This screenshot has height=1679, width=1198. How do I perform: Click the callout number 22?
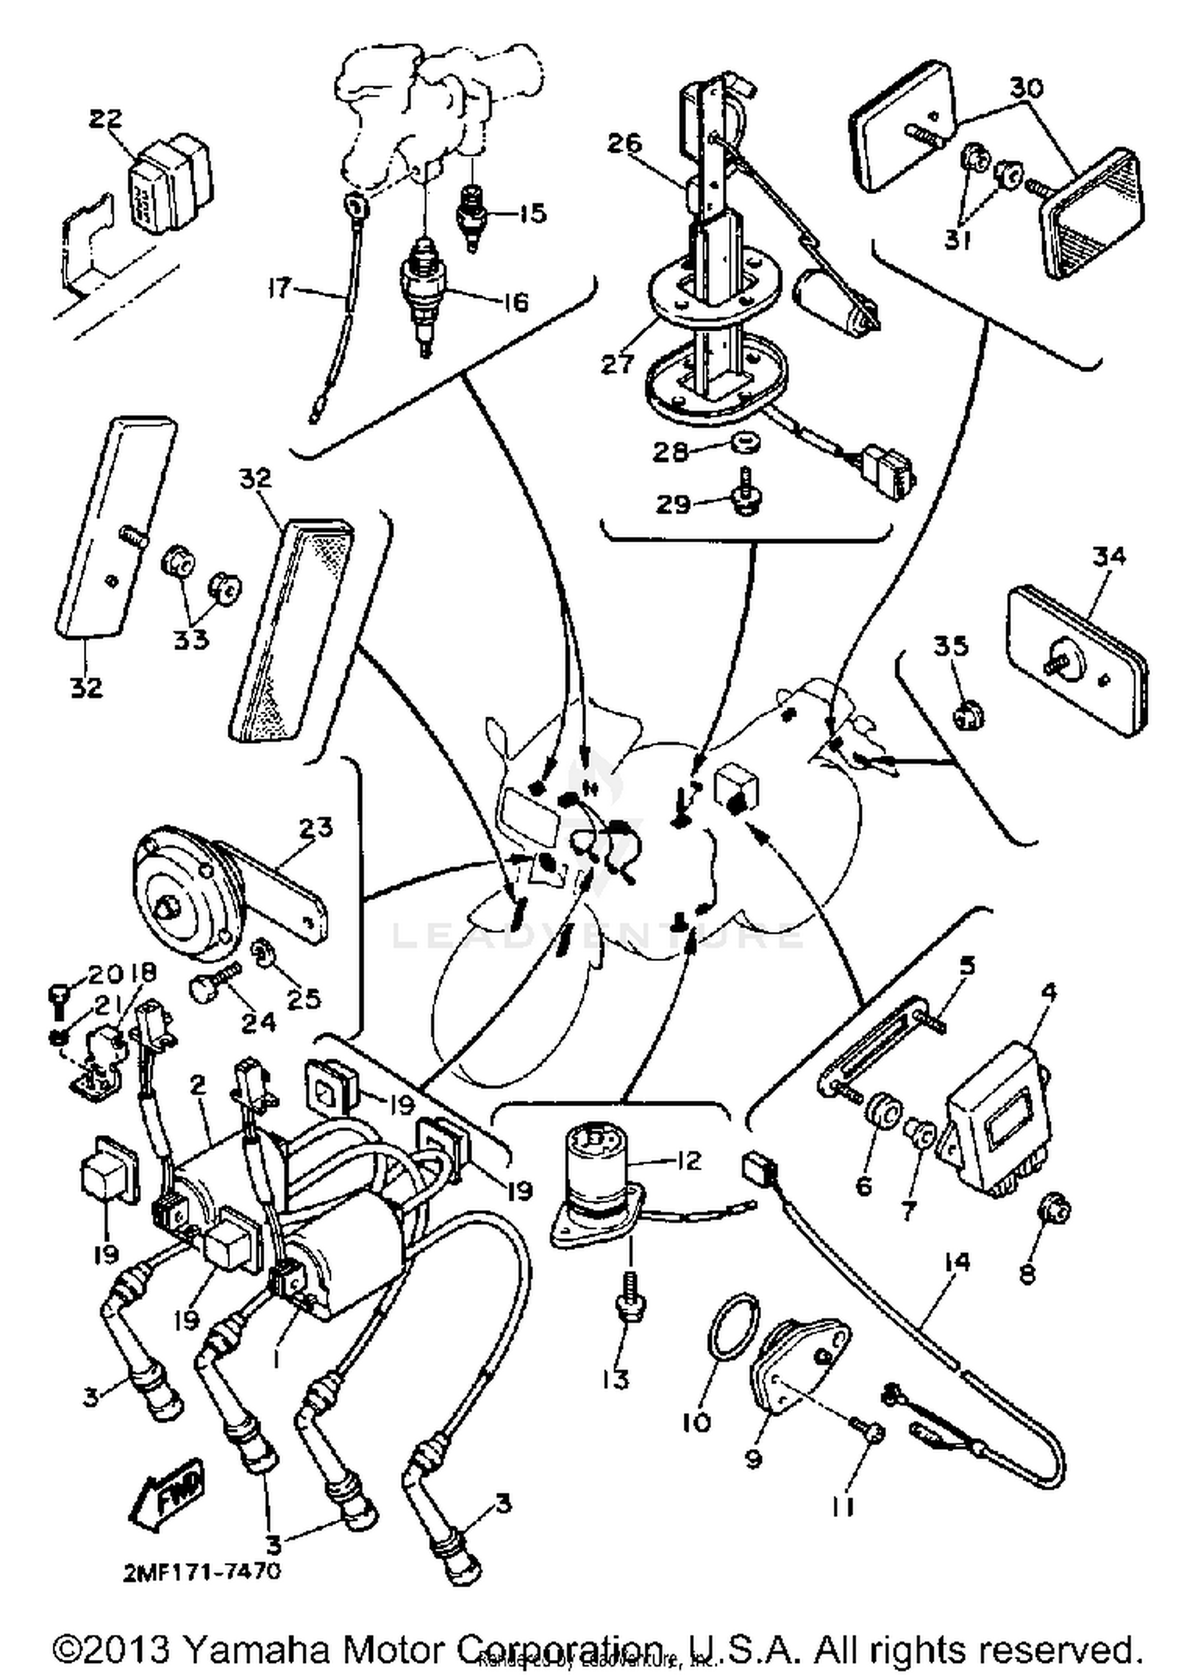click(105, 118)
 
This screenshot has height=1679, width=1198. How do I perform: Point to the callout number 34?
click(1109, 557)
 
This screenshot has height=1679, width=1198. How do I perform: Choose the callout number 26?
click(625, 144)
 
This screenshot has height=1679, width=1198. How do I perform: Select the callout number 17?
click(281, 288)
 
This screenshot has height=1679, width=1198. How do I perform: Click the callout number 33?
click(190, 640)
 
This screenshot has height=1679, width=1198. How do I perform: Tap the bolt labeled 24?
click(212, 985)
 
